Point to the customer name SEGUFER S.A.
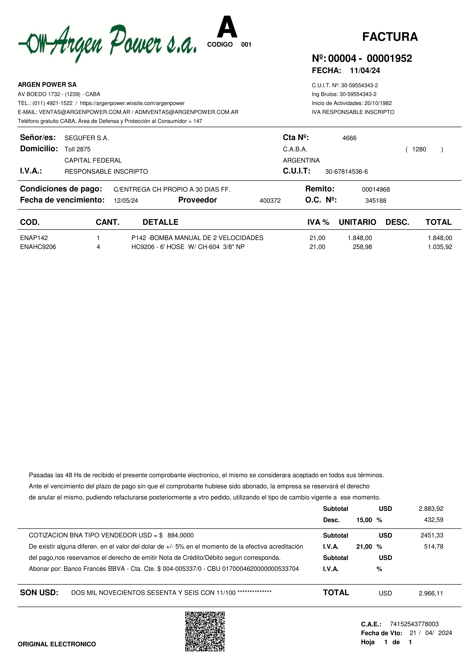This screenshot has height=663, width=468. click(86, 138)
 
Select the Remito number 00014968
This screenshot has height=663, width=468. click(376, 190)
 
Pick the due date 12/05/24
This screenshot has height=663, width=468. click(126, 201)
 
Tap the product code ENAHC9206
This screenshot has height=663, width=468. click(38, 247)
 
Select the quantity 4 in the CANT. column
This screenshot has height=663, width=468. click(98, 247)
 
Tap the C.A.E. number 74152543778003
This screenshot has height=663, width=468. click(414, 624)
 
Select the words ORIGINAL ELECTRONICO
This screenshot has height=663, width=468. click(57, 644)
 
